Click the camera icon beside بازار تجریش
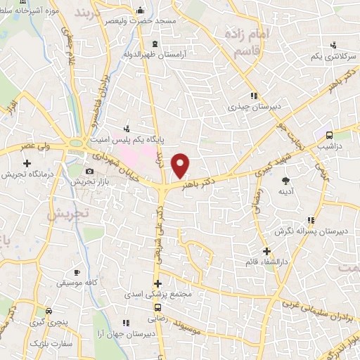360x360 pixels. [x=89, y=172]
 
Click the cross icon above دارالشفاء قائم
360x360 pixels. [x=266, y=251]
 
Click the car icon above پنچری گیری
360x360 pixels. [x=47, y=311]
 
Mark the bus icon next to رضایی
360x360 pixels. [x=157, y=307]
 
